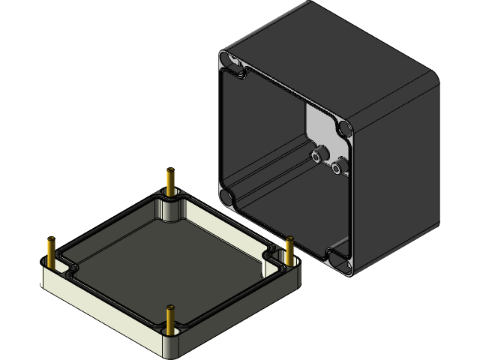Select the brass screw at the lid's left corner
point(51,250)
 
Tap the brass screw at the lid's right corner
point(289,250)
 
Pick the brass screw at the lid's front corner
point(171,318)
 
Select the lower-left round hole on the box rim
point(225,197)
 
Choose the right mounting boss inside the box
point(340,166)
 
